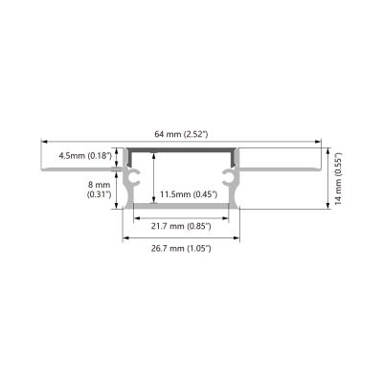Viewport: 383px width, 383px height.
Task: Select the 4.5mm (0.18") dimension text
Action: tap(84, 154)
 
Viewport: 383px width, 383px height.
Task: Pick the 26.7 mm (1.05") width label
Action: tap(180, 248)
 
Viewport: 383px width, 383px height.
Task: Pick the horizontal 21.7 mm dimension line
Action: tap(180, 216)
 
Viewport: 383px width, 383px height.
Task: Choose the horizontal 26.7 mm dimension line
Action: tap(180, 237)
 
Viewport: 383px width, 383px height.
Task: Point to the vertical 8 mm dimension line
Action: tap(117, 189)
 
